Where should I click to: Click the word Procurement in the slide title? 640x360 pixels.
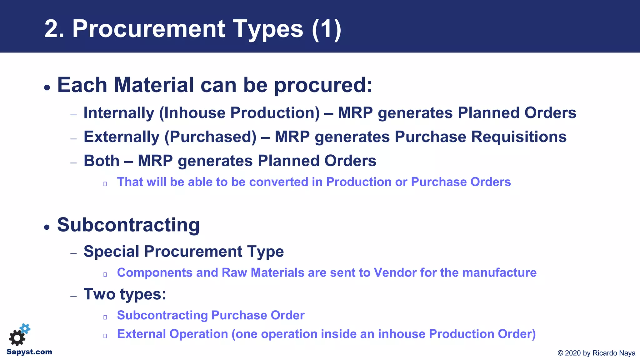pos(148,29)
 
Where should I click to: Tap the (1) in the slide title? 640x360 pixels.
pos(326,29)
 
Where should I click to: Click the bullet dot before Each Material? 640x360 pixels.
pos(47,87)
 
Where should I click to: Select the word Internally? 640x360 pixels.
pos(119,113)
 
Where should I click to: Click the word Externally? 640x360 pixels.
pos(122,137)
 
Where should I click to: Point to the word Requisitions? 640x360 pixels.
pos(519,137)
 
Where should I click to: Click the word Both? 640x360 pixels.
pos(102,161)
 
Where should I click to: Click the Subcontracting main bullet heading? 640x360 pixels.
pos(128,225)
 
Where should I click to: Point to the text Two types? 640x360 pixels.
pos(125,294)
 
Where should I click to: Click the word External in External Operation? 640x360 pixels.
pos(141,334)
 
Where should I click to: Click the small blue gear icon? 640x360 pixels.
pos(25,328)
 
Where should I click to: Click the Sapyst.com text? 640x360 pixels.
pos(29,352)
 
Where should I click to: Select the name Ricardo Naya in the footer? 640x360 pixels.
pos(614,353)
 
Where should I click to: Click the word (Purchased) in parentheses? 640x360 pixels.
pos(210,137)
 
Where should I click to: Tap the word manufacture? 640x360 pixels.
pos(499,273)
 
